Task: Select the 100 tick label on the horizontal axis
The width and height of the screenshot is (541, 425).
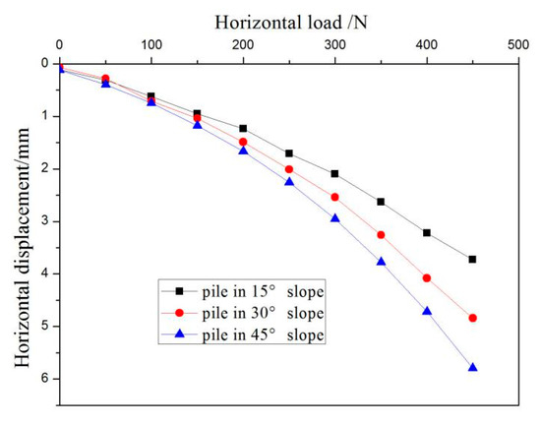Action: tap(150, 45)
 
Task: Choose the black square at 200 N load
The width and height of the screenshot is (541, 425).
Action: tap(243, 128)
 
